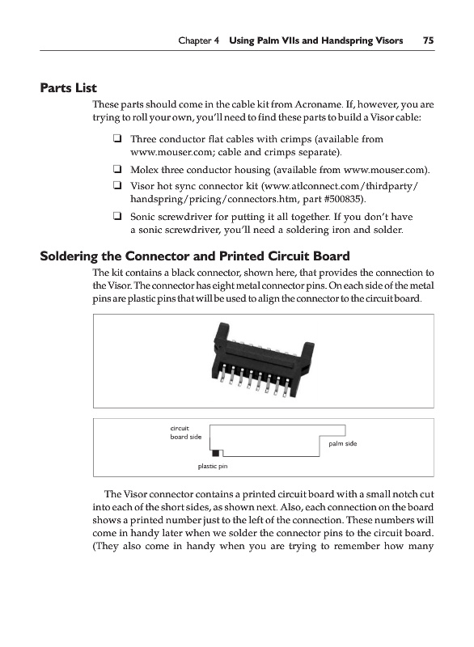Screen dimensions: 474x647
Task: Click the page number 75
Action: [x=428, y=40]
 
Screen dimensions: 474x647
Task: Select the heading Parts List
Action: [x=68, y=88]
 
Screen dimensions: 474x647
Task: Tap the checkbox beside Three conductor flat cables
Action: [x=117, y=139]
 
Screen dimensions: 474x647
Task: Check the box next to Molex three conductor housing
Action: [x=117, y=170]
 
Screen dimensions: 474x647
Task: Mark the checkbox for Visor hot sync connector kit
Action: [x=117, y=186]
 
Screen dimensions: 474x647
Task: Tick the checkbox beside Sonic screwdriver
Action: [x=117, y=216]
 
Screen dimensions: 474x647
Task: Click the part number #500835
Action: [x=344, y=199]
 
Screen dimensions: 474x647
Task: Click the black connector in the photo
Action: [x=263, y=358]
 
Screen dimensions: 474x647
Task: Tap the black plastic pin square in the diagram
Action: [x=215, y=453]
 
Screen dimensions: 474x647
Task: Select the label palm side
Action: [x=342, y=443]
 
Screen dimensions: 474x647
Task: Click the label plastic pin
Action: [x=213, y=467]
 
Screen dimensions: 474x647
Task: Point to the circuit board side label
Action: [x=186, y=433]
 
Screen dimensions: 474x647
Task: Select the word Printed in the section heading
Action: [x=242, y=256]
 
